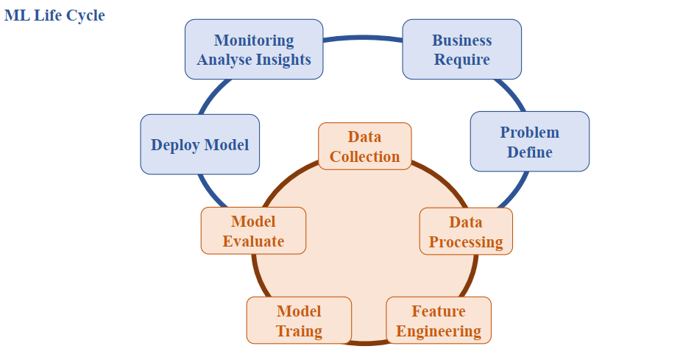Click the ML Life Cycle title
point(54,15)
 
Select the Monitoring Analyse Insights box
point(254,49)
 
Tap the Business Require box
point(461,49)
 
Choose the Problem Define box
point(529,141)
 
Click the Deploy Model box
point(199,144)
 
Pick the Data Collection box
point(364,146)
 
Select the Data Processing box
point(466,231)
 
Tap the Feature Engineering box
point(438,320)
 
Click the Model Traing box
point(299,320)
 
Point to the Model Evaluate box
point(253,230)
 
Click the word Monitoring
point(254,40)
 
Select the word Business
point(461,40)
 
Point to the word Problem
point(529,133)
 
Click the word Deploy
point(175,144)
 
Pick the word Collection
point(364,156)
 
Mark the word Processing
point(466,241)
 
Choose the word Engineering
point(438,331)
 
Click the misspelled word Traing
point(299,331)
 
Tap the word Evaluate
point(253,241)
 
